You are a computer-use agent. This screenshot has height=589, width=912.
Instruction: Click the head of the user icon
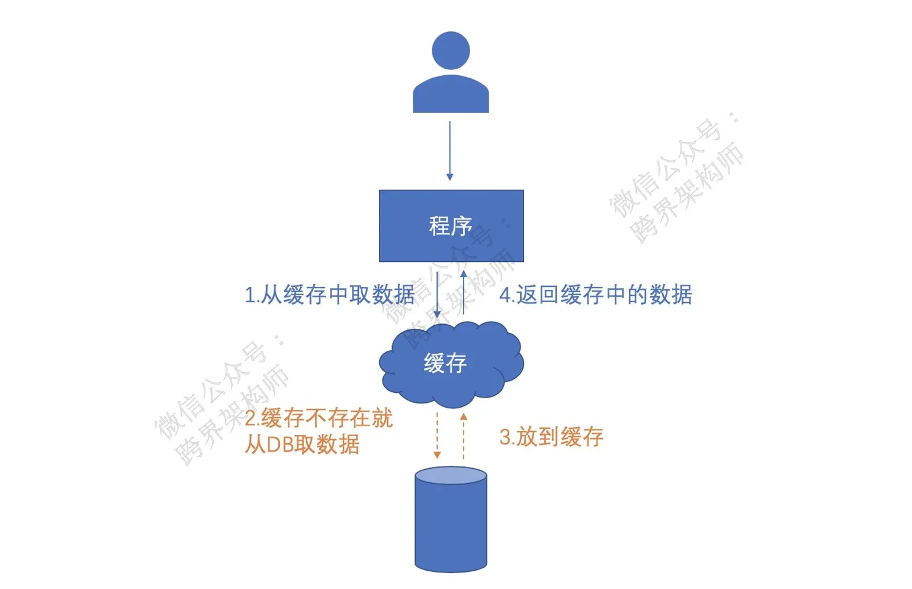pyautogui.click(x=451, y=50)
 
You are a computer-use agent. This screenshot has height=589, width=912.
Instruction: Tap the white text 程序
pyautogui.click(x=451, y=226)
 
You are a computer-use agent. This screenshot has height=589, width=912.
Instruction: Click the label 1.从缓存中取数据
pyautogui.click(x=329, y=294)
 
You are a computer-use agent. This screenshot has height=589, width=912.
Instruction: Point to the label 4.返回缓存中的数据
pyautogui.click(x=596, y=294)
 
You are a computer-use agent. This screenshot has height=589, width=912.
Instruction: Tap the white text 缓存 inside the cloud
pyautogui.click(x=445, y=363)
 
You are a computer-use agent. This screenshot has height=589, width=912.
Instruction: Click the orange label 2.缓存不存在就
pyautogui.click(x=319, y=418)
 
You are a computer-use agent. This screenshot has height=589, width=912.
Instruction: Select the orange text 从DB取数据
pyautogui.click(x=302, y=444)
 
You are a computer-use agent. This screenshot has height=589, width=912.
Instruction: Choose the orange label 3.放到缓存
pyautogui.click(x=551, y=437)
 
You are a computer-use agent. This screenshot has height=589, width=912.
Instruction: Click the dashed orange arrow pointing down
pyautogui.click(x=437, y=436)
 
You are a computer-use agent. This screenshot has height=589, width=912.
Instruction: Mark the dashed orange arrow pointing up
pyautogui.click(x=464, y=436)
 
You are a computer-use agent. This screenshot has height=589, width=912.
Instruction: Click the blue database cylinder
pyautogui.click(x=451, y=527)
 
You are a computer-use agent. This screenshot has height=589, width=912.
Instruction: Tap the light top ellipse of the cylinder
pyautogui.click(x=451, y=476)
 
